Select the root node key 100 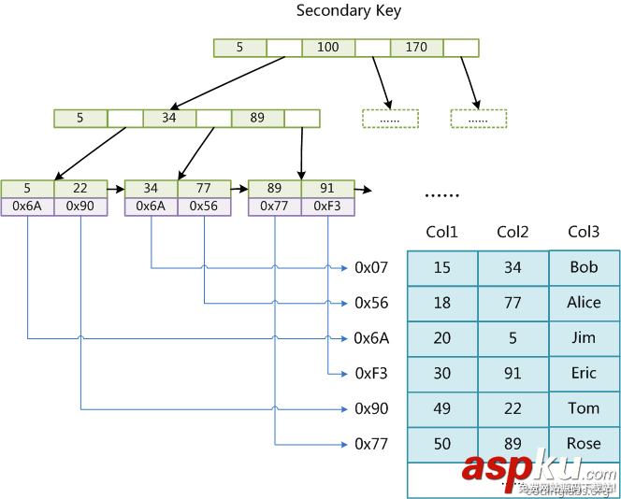coord(328,48)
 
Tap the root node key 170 coord(416,48)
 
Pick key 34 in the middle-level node coord(169,119)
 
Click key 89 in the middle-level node coord(257,119)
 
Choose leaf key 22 coord(80,189)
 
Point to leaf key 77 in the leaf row coord(204,189)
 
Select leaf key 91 coord(327,189)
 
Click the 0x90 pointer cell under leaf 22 coord(80,207)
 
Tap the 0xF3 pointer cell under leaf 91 coord(327,207)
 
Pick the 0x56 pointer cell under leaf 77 coord(204,207)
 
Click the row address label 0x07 coord(371,268)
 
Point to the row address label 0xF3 coord(371,374)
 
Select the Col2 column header coord(513,233)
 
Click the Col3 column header coord(584,233)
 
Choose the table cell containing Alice coord(584,303)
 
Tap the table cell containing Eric coord(584,374)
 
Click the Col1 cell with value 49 coord(442,409)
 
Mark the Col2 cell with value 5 coord(513,338)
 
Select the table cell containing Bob coord(584,268)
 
